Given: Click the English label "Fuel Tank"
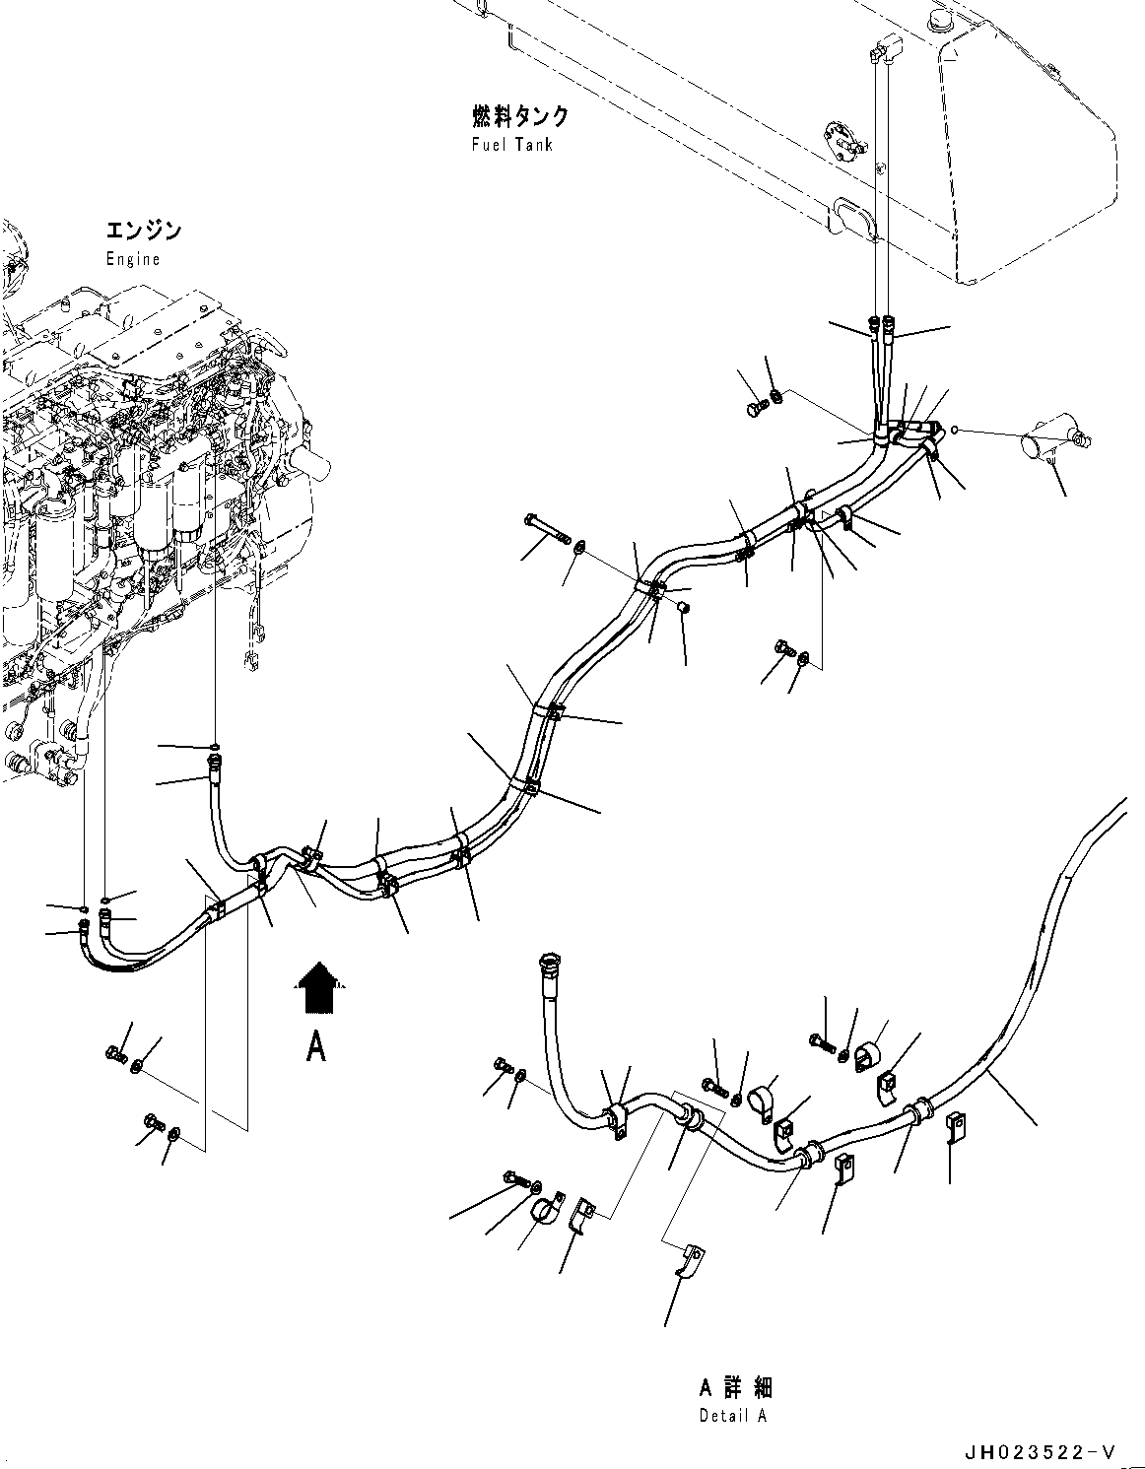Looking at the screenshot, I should pos(511,145).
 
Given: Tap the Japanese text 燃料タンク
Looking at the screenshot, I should pos(519,117).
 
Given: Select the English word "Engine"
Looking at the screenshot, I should pos(133,259).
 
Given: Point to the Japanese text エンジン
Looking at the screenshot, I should pos(144,232).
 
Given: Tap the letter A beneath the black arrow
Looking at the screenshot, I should pos(315,1046).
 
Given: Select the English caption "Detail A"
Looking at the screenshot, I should pos(733,1415).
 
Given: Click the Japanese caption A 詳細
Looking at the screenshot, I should pos(735,1388).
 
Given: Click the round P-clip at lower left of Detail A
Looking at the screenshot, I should pos(541,1211).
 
